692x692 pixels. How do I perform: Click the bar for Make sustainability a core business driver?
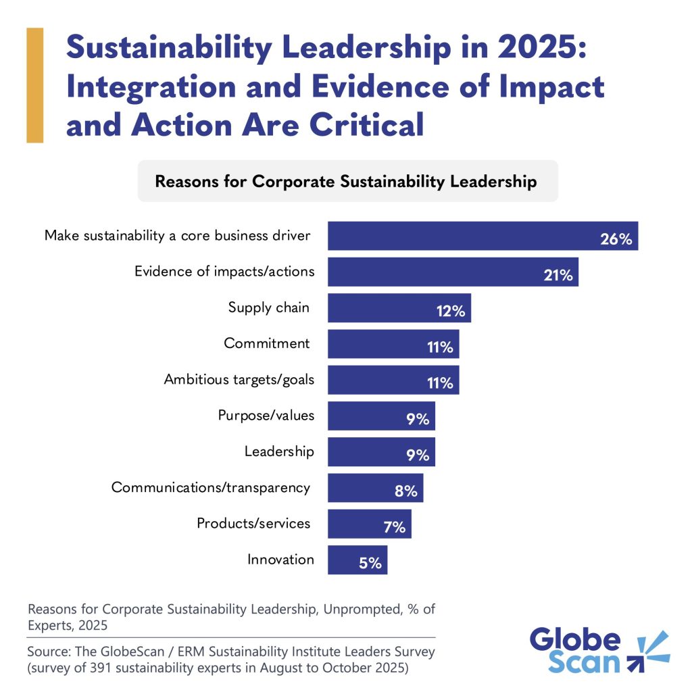483,236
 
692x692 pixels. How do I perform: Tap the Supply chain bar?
399,307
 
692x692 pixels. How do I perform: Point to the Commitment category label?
267,343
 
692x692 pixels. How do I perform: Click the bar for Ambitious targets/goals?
393,380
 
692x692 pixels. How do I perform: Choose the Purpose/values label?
266,415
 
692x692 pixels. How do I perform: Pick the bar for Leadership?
381,451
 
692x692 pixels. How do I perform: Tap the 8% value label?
405,491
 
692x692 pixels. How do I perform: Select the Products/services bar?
369,524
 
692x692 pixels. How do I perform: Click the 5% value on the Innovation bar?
370,563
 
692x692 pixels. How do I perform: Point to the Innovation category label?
280,560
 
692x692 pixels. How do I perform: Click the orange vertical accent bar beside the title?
34,85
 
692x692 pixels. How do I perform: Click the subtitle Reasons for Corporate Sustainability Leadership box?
347,181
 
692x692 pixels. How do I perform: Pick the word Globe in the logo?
574,639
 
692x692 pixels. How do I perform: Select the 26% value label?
616,239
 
